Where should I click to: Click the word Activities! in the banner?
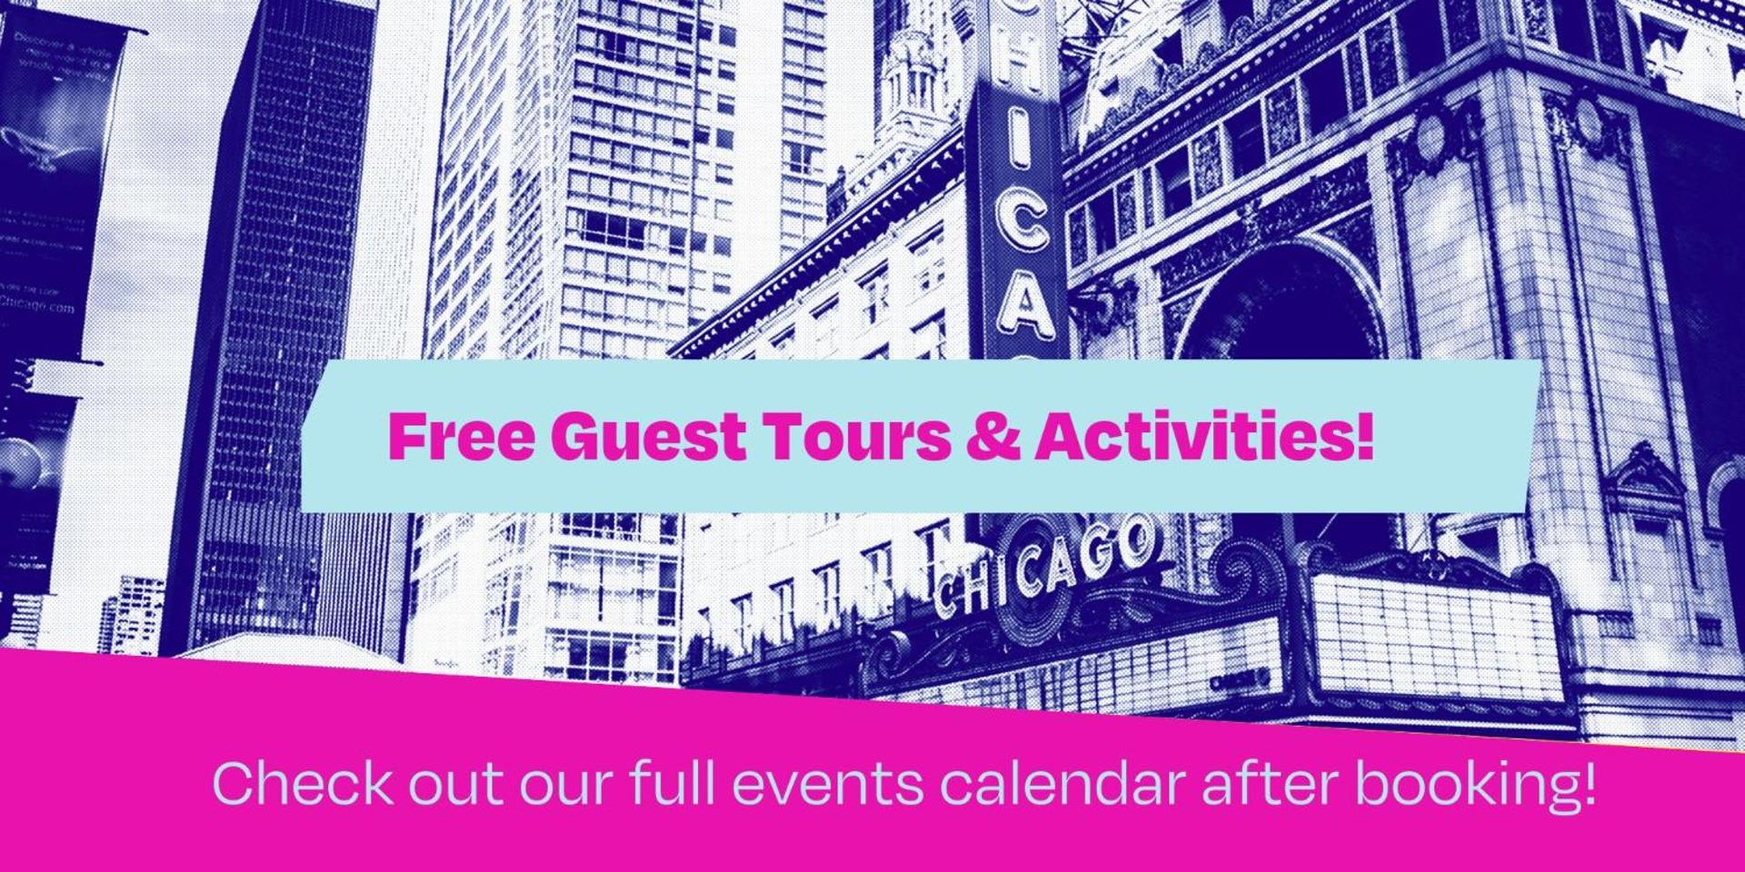click(x=1204, y=437)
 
